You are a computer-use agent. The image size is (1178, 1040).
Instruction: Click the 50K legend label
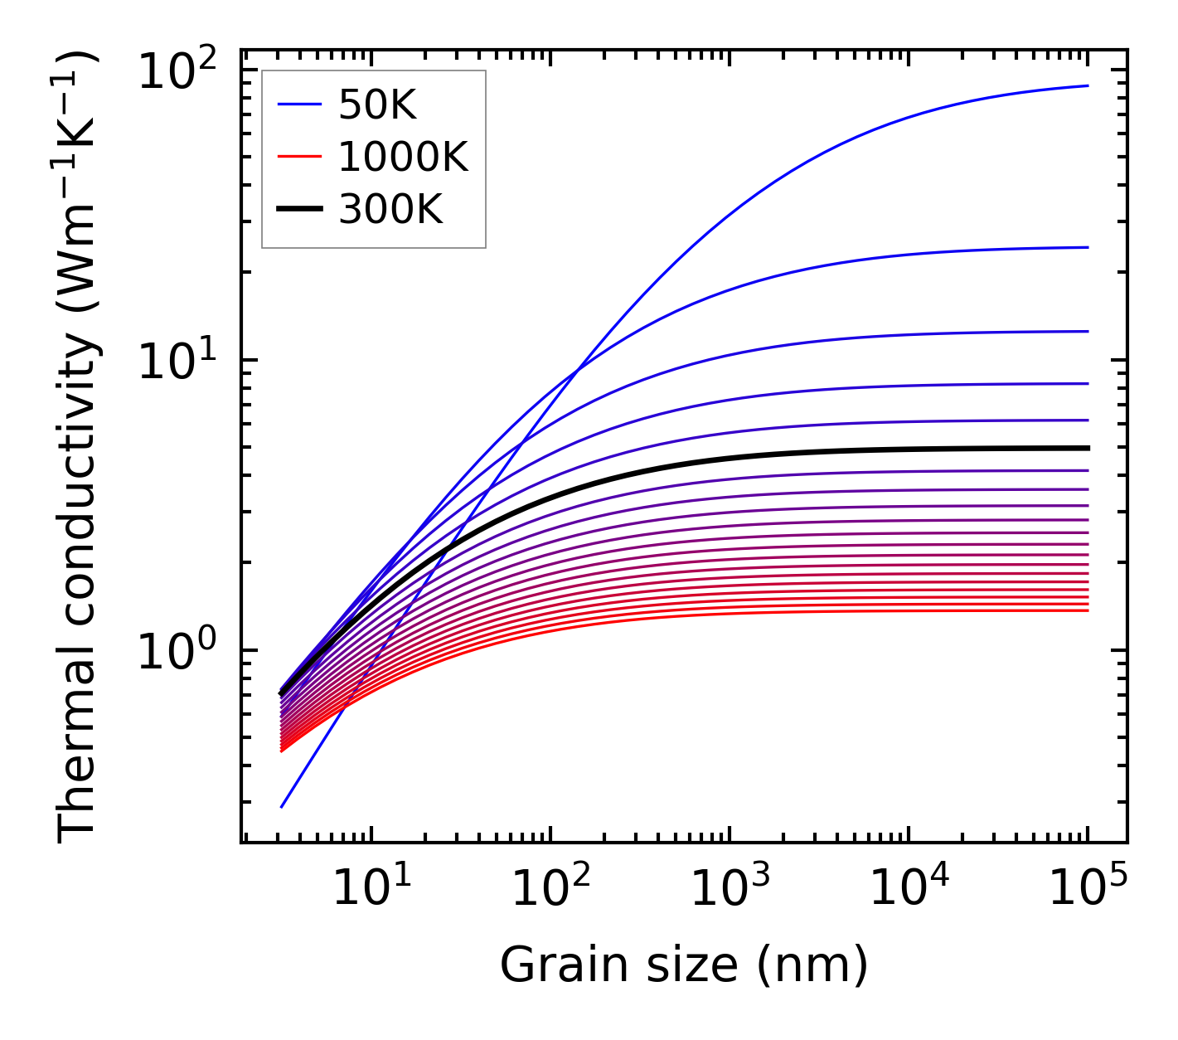[x=377, y=104]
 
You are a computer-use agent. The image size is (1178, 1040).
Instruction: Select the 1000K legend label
[x=403, y=157]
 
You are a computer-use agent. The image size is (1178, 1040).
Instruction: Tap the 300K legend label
[x=390, y=210]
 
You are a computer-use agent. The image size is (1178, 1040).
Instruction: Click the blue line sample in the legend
[x=298, y=104]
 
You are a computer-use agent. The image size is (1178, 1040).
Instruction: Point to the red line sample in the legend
[x=298, y=157]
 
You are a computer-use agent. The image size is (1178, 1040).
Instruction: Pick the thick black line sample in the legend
[x=298, y=210]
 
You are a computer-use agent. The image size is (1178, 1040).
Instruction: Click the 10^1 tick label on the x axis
[x=371, y=890]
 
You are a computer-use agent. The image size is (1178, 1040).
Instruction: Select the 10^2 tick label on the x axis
[x=550, y=890]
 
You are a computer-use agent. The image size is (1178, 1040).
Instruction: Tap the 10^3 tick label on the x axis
[x=729, y=890]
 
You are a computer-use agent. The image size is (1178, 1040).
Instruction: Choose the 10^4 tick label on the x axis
[x=909, y=890]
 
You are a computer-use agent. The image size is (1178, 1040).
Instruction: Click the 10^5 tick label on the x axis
[x=1088, y=890]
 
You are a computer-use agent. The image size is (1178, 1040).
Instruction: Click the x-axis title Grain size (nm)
[x=684, y=965]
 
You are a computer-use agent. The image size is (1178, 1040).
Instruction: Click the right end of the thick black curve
[x=1087, y=448]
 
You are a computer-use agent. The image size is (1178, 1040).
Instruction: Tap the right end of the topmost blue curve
[x=1087, y=85]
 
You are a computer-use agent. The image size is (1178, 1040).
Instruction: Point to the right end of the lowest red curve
[x=1087, y=610]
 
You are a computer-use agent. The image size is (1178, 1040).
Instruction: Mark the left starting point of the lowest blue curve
[x=282, y=806]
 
